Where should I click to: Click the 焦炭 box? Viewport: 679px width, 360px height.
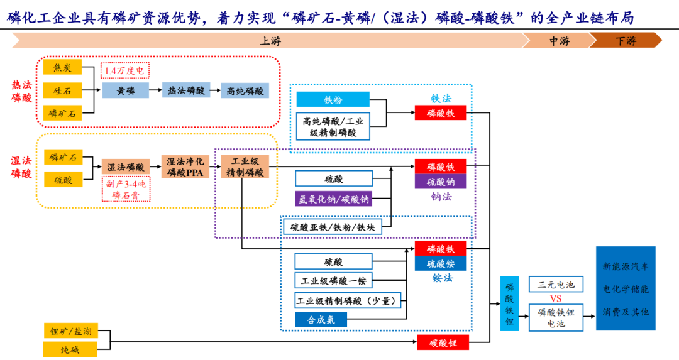click(x=62, y=68)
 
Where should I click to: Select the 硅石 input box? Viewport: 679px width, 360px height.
click(x=62, y=90)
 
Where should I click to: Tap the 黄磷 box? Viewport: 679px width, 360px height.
click(x=126, y=90)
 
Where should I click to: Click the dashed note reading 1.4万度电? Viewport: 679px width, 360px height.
click(x=124, y=70)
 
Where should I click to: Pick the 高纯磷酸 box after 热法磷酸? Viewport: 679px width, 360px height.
click(x=245, y=90)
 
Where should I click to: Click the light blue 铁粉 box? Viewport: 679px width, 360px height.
click(x=333, y=99)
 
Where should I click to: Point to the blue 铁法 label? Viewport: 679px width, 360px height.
click(x=441, y=99)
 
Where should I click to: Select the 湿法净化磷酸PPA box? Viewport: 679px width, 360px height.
click(x=185, y=167)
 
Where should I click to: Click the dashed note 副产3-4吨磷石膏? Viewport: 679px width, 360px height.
click(x=126, y=189)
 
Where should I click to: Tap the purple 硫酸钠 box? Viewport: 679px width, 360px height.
click(x=441, y=182)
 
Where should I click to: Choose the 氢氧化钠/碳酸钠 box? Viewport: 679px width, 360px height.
click(x=333, y=199)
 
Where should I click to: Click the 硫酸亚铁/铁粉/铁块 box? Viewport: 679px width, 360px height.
click(x=333, y=227)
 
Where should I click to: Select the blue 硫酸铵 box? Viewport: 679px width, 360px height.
click(x=441, y=263)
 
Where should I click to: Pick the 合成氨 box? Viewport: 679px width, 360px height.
click(x=321, y=319)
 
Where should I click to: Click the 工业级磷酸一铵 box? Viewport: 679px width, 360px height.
click(x=333, y=280)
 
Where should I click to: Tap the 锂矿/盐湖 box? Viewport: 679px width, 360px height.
click(x=70, y=330)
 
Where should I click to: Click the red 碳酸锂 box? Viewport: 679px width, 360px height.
click(x=443, y=343)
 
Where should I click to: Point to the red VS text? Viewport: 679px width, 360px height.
click(x=556, y=298)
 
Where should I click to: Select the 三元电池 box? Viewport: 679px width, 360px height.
click(x=556, y=284)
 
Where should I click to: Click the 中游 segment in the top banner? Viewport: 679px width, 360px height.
click(x=558, y=41)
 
